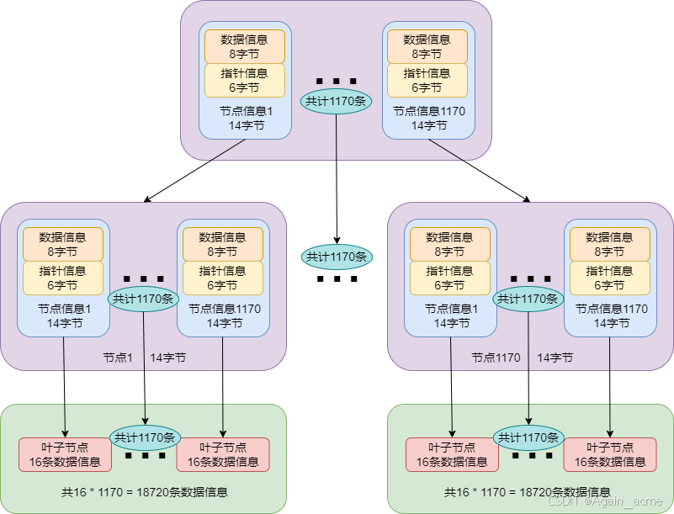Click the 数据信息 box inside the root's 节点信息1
[245, 46]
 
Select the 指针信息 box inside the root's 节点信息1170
[427, 80]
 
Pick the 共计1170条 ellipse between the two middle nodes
[337, 257]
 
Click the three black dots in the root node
[336, 82]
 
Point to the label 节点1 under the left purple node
[118, 358]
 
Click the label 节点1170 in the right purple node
[496, 358]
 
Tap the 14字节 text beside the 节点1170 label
[555, 358]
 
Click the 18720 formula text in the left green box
[144, 492]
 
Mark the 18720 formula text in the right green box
[528, 492]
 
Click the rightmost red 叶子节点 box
[609, 454]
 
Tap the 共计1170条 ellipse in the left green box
[145, 437]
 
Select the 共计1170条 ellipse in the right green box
[528, 437]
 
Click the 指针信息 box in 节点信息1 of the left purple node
[63, 278]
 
